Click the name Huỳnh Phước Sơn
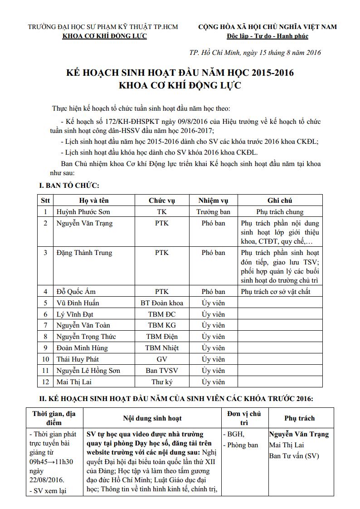point(83,212)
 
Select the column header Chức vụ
point(162,201)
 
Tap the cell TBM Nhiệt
point(162,348)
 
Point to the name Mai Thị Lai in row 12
point(74,382)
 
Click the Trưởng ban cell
point(213,212)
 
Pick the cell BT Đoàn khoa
point(162,303)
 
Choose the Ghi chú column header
point(280,201)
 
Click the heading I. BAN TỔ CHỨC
point(69,185)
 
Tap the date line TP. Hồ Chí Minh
point(255,52)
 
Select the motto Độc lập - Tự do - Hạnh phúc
point(268,36)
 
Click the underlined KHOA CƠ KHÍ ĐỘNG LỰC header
point(104,36)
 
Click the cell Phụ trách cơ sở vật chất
point(276,292)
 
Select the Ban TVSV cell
point(162,371)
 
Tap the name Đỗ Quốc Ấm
point(76,292)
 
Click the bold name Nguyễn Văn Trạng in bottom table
point(299,434)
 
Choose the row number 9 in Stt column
point(45,348)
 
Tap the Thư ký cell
point(162,382)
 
